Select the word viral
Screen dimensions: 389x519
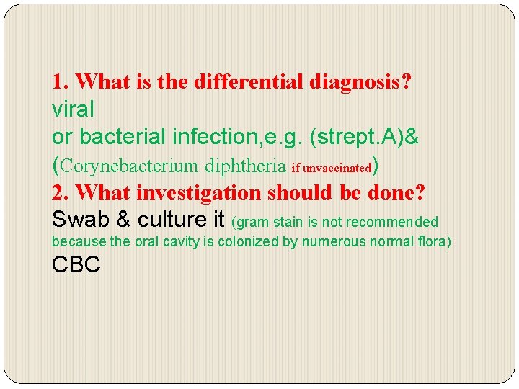coord(73,109)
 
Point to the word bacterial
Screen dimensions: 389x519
coord(120,137)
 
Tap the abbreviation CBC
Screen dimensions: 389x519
coord(76,265)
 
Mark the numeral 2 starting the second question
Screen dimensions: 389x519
coord(58,192)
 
